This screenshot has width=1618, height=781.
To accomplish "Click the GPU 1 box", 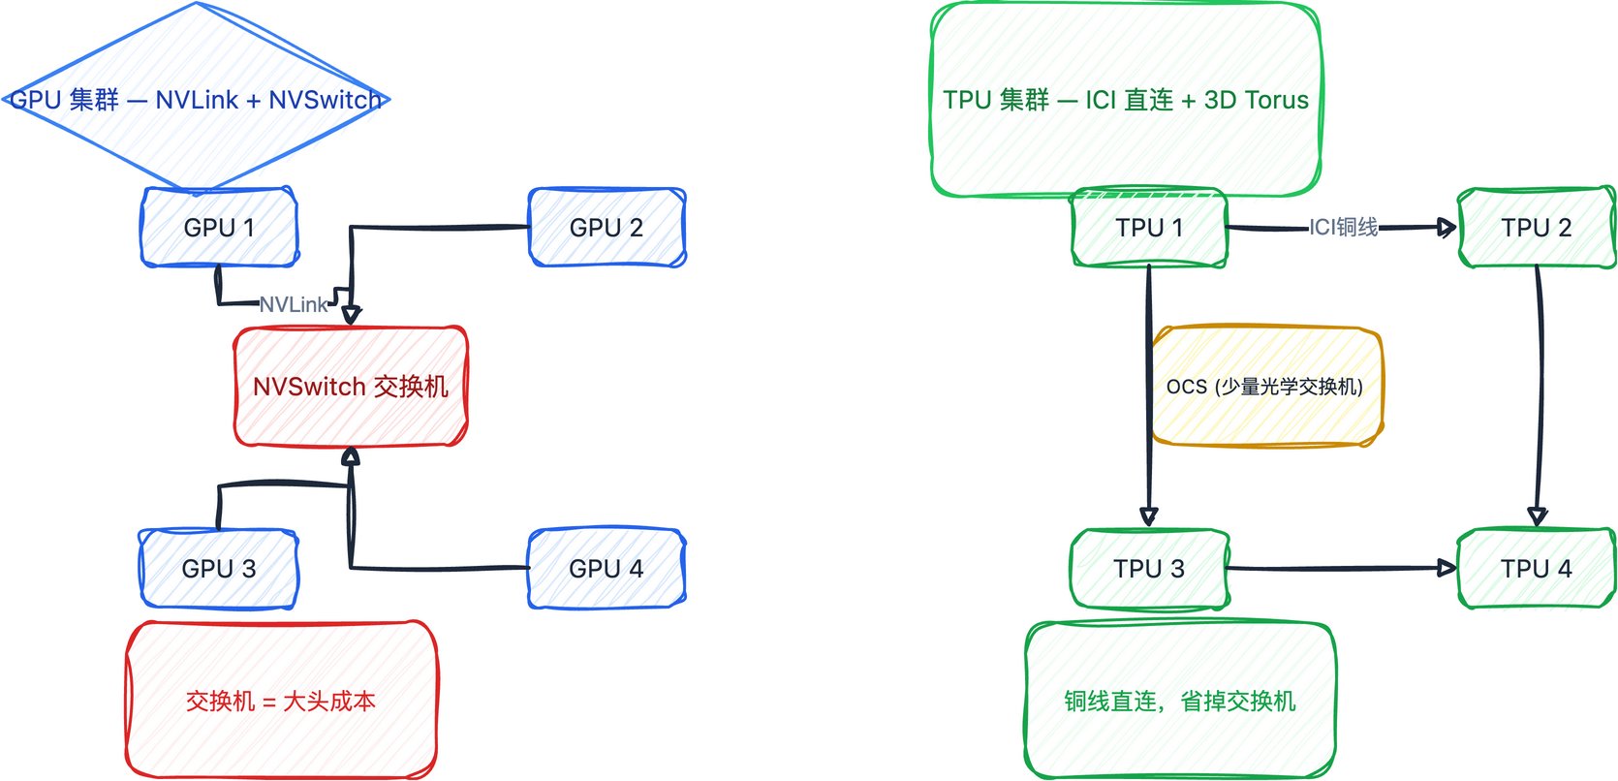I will (x=219, y=228).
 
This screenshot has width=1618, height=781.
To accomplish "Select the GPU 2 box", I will (x=607, y=228).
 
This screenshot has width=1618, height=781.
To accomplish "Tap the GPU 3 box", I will (x=219, y=569).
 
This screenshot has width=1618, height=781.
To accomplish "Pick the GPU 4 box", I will (x=607, y=569).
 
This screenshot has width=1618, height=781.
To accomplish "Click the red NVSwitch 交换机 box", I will (x=351, y=387).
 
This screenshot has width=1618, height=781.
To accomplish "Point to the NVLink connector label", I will (x=294, y=304).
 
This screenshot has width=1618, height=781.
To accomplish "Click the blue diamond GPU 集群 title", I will (x=196, y=100).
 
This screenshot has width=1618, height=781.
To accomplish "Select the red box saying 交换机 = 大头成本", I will (x=281, y=701).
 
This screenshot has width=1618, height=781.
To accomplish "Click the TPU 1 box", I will (x=1149, y=228).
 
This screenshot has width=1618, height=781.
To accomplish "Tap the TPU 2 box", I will (x=1537, y=228).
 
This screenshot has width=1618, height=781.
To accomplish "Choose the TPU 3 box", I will (x=1149, y=569).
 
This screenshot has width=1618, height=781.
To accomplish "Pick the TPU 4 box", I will (x=1537, y=569).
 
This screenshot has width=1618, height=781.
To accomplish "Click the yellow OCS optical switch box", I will (x=1265, y=387).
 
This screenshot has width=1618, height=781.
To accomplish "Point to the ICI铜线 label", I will (x=1344, y=227).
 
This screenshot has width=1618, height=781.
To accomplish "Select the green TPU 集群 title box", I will (x=1126, y=100).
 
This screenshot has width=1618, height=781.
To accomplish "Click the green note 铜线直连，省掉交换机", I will (x=1180, y=701).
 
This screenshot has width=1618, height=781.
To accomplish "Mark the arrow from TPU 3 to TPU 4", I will (x=1342, y=569).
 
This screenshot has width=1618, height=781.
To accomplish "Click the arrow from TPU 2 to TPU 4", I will (x=1540, y=388).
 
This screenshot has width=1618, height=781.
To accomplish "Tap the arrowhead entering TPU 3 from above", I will (x=1149, y=516).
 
